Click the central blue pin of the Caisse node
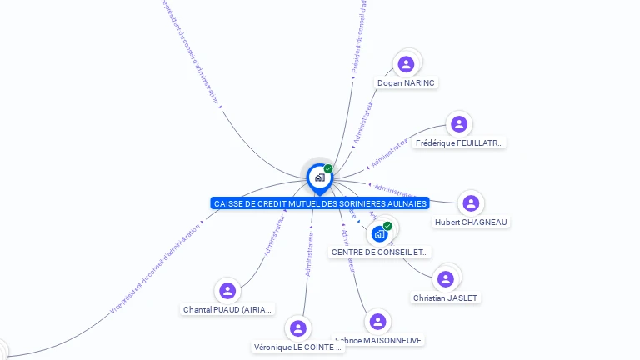pos(319,177)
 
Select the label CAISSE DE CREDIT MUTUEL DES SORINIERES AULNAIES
pos(321,203)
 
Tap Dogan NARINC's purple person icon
pos(406,64)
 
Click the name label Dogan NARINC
pos(407,83)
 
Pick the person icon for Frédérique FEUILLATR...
pos(459,124)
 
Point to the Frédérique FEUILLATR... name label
pos(459,143)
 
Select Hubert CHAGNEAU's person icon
pos(471,203)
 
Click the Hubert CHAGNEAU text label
pos(472,222)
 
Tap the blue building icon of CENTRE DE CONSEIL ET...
pos(380,233)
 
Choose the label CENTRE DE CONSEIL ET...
pos(381,252)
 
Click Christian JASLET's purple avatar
pos(446,279)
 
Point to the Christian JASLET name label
pos(447,298)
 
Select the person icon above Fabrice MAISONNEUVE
pos(377,322)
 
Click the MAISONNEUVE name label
pos(380,341)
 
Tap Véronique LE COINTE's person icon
pos(298,328)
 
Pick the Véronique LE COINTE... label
pos(298,347)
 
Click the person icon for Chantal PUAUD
pos(227,291)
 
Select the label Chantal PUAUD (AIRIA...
pos(227,310)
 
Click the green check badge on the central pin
pos(328,168)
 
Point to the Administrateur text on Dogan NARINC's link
pos(364,123)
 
